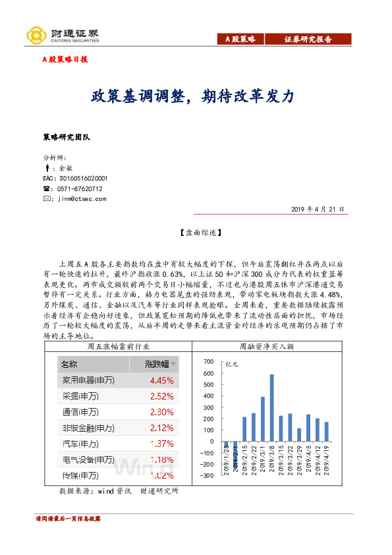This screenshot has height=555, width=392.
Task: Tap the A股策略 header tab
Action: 240,39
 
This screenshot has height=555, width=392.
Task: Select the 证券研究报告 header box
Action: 308,39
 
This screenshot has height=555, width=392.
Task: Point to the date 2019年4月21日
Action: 317,209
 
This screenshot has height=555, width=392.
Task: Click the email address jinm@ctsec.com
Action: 82,198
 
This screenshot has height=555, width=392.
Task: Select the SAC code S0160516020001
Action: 74,179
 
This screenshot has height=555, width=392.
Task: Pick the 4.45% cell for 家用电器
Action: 161,380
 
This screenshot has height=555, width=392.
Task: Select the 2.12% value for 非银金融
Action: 161,428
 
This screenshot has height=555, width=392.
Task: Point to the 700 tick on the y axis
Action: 210,362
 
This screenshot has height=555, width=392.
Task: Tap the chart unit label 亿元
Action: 232,363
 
